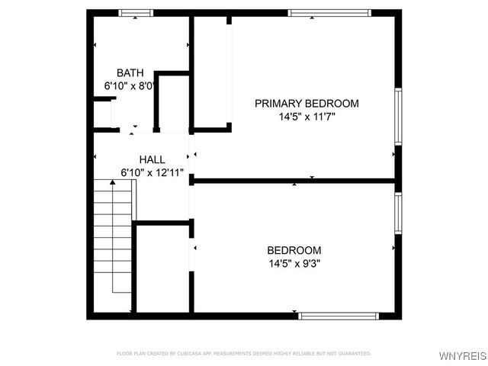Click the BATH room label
pyautogui.click(x=130, y=73)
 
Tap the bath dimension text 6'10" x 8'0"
pyautogui.click(x=130, y=86)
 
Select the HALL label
pyautogui.click(x=152, y=159)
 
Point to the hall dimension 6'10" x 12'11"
pyautogui.click(x=152, y=173)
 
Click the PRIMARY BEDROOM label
pyautogui.click(x=307, y=104)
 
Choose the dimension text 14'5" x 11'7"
pyautogui.click(x=307, y=117)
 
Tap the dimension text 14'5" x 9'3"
pyautogui.click(x=294, y=264)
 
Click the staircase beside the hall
pyautogui.click(x=112, y=236)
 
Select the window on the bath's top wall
pyautogui.click(x=136, y=13)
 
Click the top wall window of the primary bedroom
pyautogui.click(x=329, y=13)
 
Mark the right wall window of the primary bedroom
pyautogui.click(x=397, y=116)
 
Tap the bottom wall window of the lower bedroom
pyautogui.click(x=338, y=315)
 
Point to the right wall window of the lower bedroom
pyautogui.click(x=397, y=213)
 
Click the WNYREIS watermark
pyautogui.click(x=461, y=356)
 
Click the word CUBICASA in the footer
pyautogui.click(x=191, y=353)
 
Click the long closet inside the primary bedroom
pyautogui.click(x=212, y=72)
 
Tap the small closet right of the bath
pyautogui.click(x=173, y=103)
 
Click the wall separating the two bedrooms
pyautogui.click(x=294, y=181)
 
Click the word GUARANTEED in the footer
pyautogui.click(x=355, y=353)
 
